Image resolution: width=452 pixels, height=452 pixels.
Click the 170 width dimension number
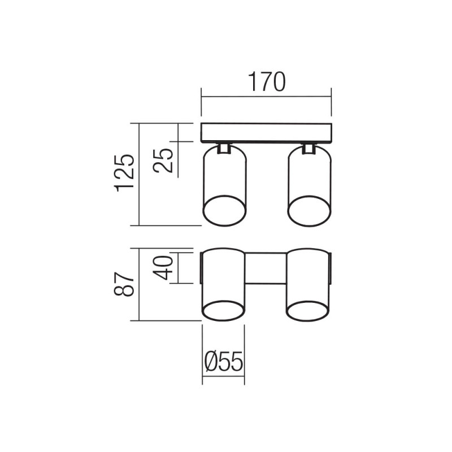coord(266,82)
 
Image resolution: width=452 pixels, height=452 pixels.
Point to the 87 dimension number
coord(124,284)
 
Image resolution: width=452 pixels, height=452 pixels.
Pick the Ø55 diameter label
coord(223,362)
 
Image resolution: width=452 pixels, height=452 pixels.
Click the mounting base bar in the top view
coord(266,132)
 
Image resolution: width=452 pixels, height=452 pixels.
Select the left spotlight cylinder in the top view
coord(224,175)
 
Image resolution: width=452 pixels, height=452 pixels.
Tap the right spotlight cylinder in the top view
coord(309,175)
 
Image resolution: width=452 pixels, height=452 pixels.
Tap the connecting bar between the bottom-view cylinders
coord(266,268)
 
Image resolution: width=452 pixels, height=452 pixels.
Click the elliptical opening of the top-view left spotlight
coord(224,210)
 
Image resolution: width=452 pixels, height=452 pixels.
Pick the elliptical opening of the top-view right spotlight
coord(309,210)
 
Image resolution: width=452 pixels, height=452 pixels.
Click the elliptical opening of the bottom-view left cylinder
coord(223,310)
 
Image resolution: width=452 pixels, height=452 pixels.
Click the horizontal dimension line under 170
coord(266,97)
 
